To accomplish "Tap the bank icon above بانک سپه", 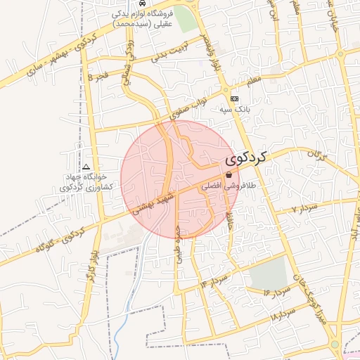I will pyautogui.click(x=234, y=99).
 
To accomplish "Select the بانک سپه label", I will pyautogui.click(x=238, y=110).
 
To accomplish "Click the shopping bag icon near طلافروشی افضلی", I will pyautogui.click(x=229, y=174).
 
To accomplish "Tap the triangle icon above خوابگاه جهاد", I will pyautogui.click(x=86, y=167).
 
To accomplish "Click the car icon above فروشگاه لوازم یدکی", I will pyautogui.click(x=143, y=4).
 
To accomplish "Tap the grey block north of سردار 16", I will pyautogui.click(x=269, y=273).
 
